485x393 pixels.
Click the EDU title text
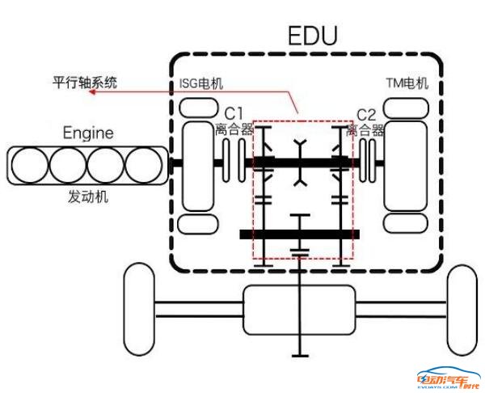[x=313, y=36]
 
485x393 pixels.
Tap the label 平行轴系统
[x=85, y=82]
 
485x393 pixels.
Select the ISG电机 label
[x=200, y=84]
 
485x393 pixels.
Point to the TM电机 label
[x=407, y=84]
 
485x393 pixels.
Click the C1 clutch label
[x=234, y=113]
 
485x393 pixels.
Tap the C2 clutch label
[x=368, y=113]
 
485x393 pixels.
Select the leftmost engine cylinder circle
[x=30, y=164]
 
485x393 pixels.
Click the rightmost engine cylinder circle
[x=145, y=164]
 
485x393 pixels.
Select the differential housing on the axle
[x=301, y=310]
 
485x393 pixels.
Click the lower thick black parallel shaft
[x=298, y=235]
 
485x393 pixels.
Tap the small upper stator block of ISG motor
[x=196, y=108]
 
